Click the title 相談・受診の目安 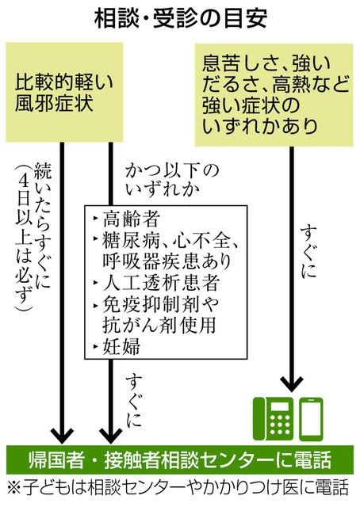click(181, 19)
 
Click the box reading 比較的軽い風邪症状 click(64, 92)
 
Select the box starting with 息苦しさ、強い click(274, 95)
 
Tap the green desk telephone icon click(273, 419)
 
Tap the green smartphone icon click(311, 419)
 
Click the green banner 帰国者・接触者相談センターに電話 click(180, 459)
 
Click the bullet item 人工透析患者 click(157, 283)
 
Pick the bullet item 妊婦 click(117, 346)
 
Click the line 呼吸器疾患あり click(167, 261)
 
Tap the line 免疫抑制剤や click(156, 304)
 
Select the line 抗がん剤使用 click(159, 325)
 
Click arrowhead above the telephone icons click(291, 384)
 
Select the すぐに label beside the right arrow click(308, 252)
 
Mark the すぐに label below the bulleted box click(133, 400)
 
